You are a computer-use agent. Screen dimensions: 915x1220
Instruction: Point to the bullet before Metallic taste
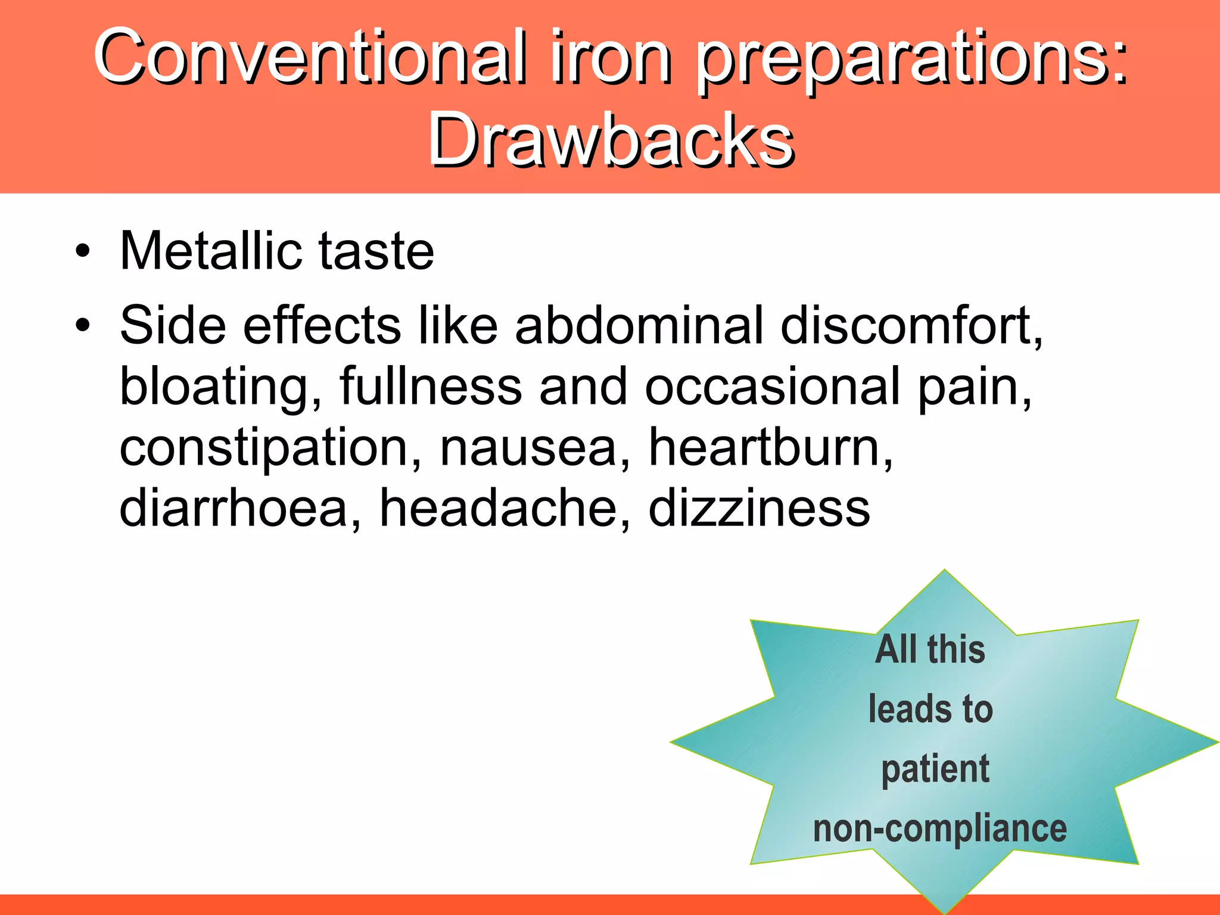pos(83,251)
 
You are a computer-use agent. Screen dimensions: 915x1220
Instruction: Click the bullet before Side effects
pos(83,325)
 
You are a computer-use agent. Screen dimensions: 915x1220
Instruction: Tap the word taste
pos(376,252)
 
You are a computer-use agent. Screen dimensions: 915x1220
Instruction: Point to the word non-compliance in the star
pos(940,829)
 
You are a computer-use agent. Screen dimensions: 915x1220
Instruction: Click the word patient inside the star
pos(935,769)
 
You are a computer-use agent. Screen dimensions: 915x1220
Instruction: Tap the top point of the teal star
pos(944,572)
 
